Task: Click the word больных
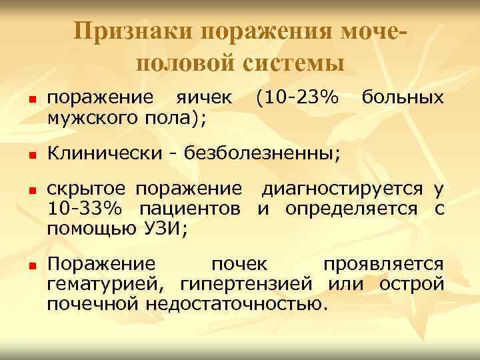click(x=401, y=99)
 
